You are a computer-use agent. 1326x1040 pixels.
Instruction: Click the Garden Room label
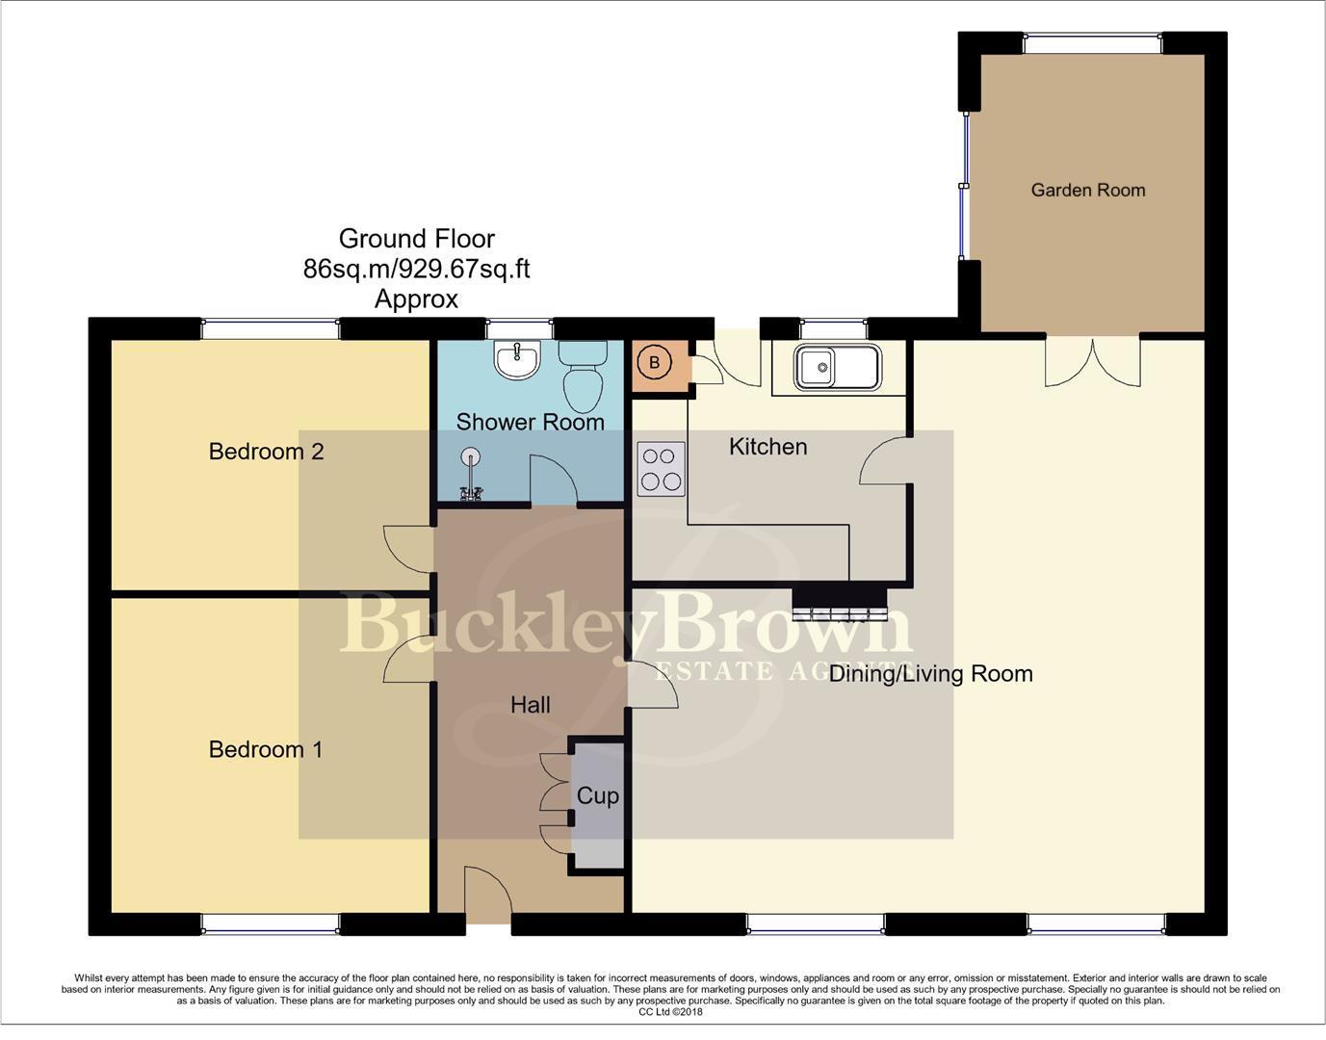coord(1087,190)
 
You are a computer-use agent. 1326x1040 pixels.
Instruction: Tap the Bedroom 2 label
coord(266,451)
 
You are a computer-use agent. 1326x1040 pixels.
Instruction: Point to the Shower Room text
coord(530,422)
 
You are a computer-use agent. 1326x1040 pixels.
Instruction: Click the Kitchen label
coord(767,447)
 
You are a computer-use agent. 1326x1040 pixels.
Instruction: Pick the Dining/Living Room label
coord(930,674)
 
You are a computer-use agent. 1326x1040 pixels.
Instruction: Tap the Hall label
coord(530,705)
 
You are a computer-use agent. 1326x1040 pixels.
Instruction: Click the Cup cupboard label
coord(597,796)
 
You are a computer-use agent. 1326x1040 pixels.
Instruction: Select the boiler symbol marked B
coord(655,363)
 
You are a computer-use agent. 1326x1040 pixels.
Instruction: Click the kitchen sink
coord(836,367)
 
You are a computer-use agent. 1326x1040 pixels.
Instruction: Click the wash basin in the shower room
coord(517,360)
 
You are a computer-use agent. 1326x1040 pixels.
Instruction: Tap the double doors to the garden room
coord(1093,362)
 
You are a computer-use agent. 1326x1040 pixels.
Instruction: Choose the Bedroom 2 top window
coord(271,329)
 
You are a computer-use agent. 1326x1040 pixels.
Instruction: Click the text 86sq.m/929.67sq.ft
coord(416,269)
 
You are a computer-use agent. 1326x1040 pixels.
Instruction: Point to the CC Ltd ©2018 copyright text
coord(670,1012)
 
